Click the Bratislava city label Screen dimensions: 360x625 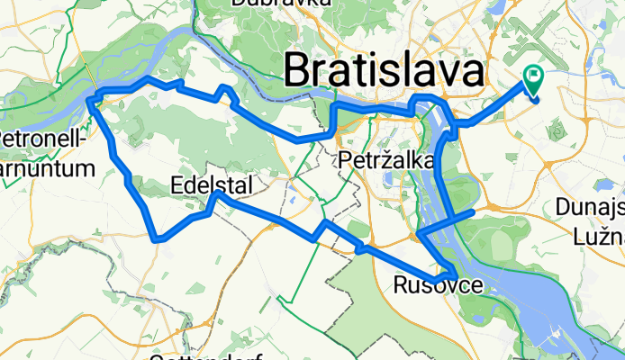pos(383,70)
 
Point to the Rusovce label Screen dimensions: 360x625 pos(430,285)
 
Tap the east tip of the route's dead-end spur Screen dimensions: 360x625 pos(473,212)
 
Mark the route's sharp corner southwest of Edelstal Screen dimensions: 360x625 pos(157,239)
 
